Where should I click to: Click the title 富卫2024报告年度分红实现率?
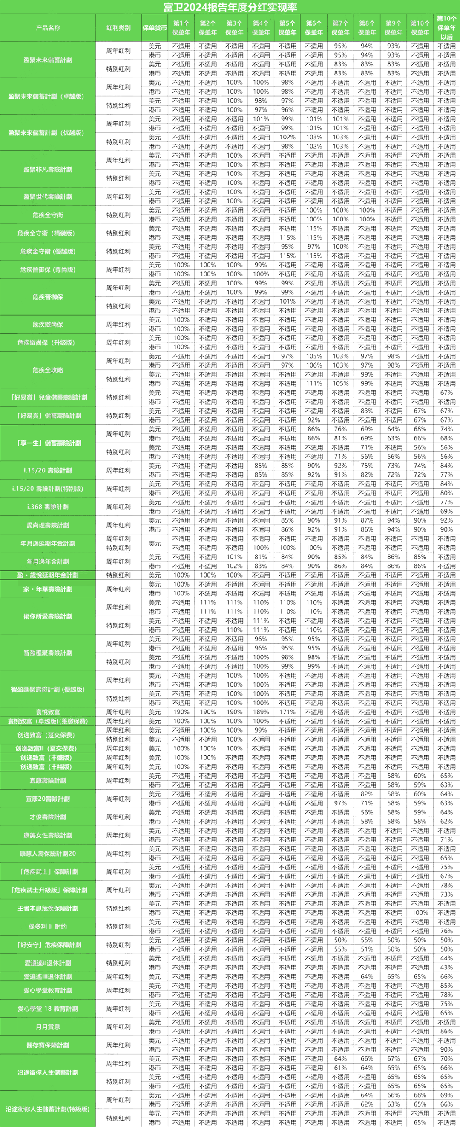pyautogui.click(x=230, y=6)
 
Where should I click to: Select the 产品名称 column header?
pyautogui.click(x=48, y=28)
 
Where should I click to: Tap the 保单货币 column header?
pyautogui.click(x=155, y=28)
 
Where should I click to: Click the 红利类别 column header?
pyautogui.click(x=118, y=28)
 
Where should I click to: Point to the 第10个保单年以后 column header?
pyautogui.click(x=446, y=28)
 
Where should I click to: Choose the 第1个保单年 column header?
pyautogui.click(x=181, y=28)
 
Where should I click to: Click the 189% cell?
pyautogui.click(x=261, y=712)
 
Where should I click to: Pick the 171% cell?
pyautogui.click(x=287, y=712)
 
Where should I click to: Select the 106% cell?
pyautogui.click(x=314, y=365)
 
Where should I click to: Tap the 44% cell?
pyautogui.click(x=446, y=958)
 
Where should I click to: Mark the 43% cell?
pyautogui.click(x=446, y=967)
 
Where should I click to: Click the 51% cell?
pyautogui.click(x=367, y=949)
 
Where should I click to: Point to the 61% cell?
pyautogui.click(x=340, y=1068)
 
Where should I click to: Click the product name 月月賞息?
pyautogui.click(x=48, y=1026)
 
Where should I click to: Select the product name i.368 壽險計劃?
pyautogui.click(x=48, y=506)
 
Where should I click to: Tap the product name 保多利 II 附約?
pyautogui.click(x=48, y=926)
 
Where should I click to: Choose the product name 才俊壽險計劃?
pyautogui.click(x=48, y=817)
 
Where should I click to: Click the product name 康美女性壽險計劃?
pyautogui.click(x=48, y=835)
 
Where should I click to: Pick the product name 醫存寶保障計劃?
pyautogui.click(x=48, y=1045)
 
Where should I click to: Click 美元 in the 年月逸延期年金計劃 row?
pyautogui.click(x=155, y=543)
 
